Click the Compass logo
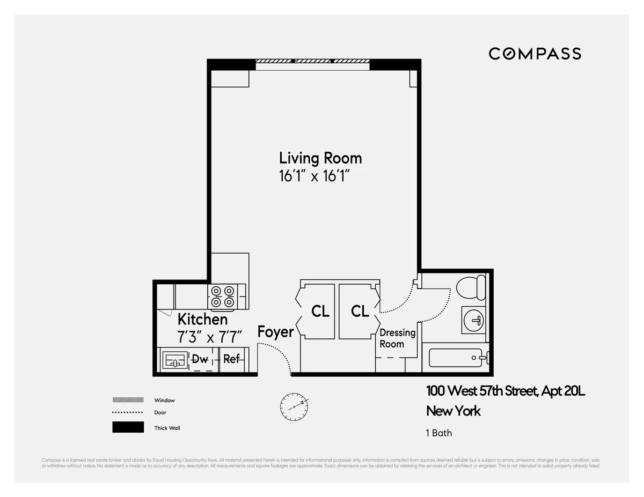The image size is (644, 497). click(x=535, y=54)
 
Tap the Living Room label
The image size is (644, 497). click(x=320, y=158)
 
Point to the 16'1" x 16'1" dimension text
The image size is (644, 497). click(x=318, y=176)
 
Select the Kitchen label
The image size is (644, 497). click(x=202, y=320)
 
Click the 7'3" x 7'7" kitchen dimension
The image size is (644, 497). click(x=209, y=337)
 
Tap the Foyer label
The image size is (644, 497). click(x=275, y=332)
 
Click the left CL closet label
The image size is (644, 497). click(x=320, y=311)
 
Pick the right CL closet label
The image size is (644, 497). click(x=360, y=311)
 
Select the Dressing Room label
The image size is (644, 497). click(x=397, y=338)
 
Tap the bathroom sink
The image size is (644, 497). click(x=474, y=321)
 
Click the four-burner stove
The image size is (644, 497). click(x=223, y=297)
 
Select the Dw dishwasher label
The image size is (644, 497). click(x=200, y=359)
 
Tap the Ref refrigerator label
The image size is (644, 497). click(x=231, y=359)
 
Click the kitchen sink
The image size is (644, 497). click(x=174, y=359)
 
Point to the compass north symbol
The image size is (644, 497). click(x=294, y=407)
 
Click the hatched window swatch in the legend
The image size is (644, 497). click(x=128, y=400)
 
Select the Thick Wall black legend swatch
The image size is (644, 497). click(x=128, y=427)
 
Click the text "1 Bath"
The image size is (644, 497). click(x=439, y=433)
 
